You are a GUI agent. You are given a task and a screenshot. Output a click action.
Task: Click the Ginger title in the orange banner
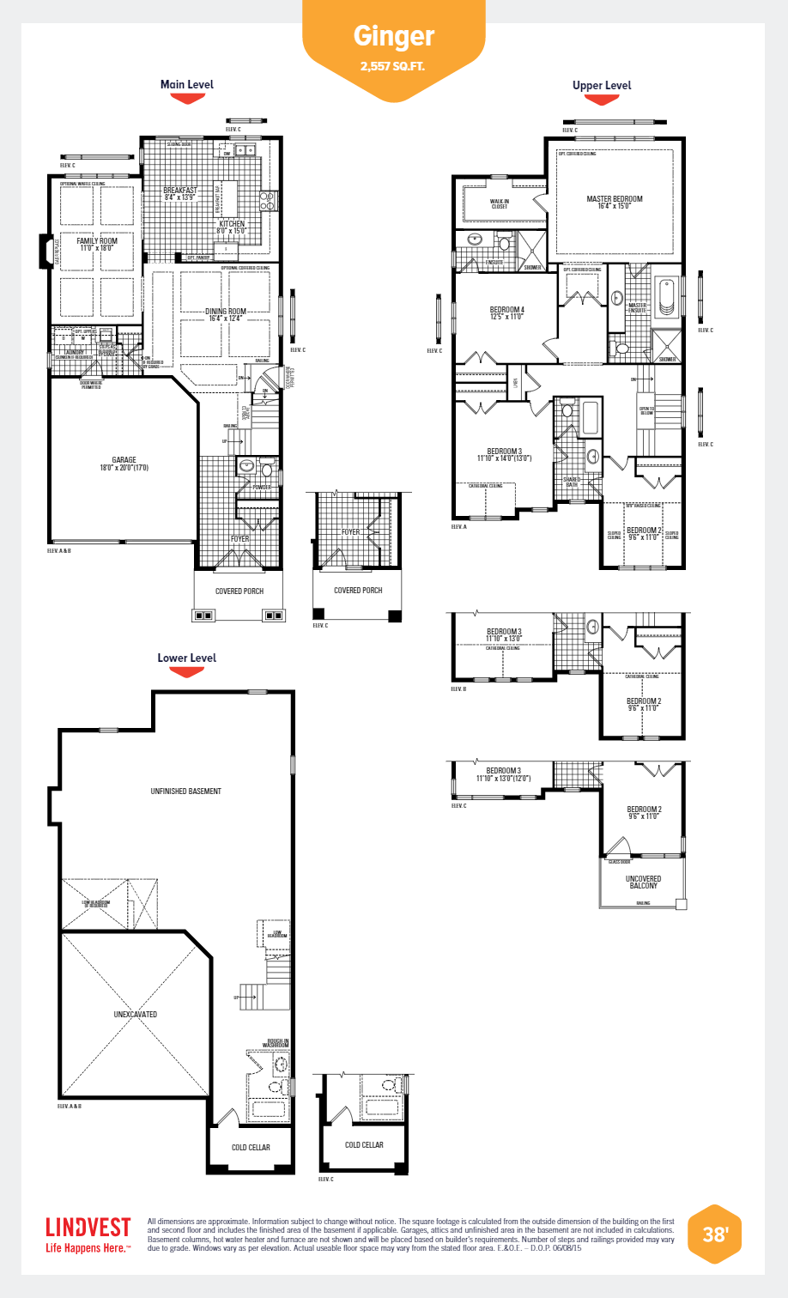[394, 36]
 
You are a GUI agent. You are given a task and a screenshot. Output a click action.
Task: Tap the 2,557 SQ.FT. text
[393, 66]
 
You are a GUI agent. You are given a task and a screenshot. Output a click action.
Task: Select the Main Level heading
[186, 84]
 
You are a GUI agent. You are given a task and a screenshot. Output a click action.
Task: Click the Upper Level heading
[601, 85]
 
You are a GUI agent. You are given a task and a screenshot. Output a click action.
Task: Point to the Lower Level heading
[186, 658]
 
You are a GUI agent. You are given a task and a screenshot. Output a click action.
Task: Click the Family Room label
[97, 244]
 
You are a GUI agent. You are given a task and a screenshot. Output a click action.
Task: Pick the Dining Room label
[226, 314]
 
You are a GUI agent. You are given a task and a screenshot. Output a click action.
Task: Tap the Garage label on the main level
[124, 464]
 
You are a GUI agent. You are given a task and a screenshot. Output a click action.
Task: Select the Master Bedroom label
[614, 202]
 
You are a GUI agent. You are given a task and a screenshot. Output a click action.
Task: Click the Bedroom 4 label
[506, 312]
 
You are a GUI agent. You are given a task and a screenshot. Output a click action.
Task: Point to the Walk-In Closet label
[500, 203]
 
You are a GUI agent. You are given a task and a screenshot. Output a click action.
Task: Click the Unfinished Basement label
[185, 792]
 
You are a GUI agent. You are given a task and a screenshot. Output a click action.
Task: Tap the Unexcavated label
[135, 1014]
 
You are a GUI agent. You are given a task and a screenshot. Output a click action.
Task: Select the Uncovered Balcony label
[643, 882]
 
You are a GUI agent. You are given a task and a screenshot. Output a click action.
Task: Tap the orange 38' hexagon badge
[714, 1234]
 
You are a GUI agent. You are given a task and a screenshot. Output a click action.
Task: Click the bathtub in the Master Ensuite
[667, 297]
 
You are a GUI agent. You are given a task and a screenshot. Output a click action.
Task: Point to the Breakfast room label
[180, 193]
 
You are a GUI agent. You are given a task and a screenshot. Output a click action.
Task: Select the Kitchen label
[231, 227]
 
